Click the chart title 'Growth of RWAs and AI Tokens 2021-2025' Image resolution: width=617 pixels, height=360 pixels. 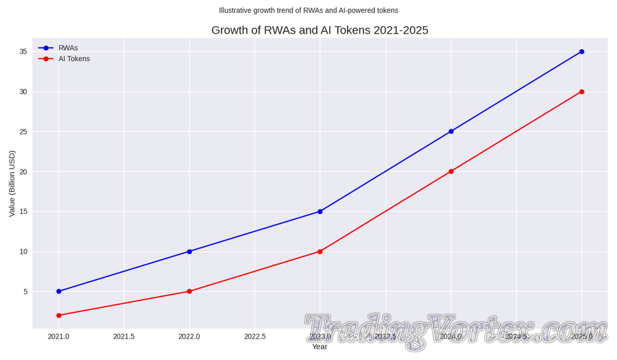click(x=319, y=30)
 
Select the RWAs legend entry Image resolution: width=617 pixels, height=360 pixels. click(x=68, y=48)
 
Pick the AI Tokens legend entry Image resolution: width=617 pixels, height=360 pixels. click(x=73, y=59)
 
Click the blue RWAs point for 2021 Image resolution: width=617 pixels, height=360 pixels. click(x=59, y=291)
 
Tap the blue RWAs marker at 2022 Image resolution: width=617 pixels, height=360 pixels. click(x=189, y=252)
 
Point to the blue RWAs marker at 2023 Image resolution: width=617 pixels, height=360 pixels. click(x=320, y=211)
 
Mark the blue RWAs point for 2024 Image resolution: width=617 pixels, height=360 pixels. click(x=451, y=131)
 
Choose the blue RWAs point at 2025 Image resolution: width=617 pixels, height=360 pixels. click(x=581, y=51)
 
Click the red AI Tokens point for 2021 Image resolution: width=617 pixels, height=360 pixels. click(x=59, y=315)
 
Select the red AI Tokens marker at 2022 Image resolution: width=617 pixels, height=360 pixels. click(x=189, y=291)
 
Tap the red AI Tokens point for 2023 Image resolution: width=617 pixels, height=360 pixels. click(x=320, y=252)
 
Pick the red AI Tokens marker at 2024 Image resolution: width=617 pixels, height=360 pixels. click(x=451, y=171)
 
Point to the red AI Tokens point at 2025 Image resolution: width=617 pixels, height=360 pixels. click(x=581, y=91)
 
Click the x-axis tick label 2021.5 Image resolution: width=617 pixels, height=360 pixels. click(x=124, y=337)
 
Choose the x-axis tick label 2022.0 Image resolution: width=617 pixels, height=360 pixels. click(x=189, y=337)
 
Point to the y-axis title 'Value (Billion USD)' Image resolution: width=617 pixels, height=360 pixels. click(x=12, y=183)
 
